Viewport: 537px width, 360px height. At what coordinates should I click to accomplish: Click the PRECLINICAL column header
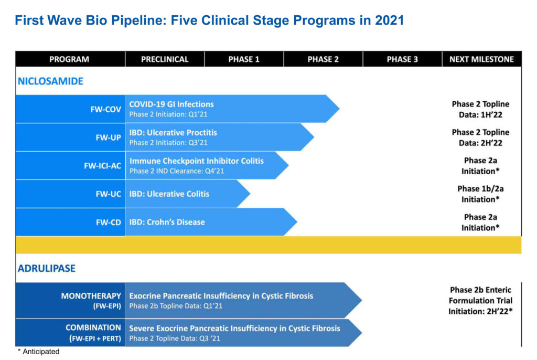click(x=165, y=59)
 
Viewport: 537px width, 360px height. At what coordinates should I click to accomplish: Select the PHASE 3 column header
click(x=402, y=59)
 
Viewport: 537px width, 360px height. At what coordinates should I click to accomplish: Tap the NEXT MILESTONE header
click(x=481, y=59)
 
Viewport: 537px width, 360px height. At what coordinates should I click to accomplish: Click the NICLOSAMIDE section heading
click(x=51, y=81)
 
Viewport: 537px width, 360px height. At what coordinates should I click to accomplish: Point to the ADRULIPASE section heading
click(x=47, y=268)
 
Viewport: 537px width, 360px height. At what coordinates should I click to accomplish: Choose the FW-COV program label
click(x=105, y=109)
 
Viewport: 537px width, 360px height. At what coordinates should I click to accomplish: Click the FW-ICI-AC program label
click(x=102, y=166)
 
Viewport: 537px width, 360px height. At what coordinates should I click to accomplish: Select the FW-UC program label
click(x=108, y=194)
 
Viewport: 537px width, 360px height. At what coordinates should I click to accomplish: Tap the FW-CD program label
click(x=108, y=223)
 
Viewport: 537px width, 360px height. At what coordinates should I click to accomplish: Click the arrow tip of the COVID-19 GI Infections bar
click(x=339, y=109)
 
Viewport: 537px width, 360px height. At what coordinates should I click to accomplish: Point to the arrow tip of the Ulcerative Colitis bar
click(x=250, y=194)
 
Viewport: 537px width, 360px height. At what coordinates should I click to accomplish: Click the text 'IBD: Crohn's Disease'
click(x=167, y=222)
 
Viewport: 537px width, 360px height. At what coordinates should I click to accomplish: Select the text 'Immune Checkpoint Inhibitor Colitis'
click(x=197, y=161)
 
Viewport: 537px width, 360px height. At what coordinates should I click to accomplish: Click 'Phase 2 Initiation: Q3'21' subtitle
click(x=168, y=143)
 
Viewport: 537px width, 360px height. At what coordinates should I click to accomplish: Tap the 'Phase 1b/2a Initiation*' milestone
click(x=480, y=194)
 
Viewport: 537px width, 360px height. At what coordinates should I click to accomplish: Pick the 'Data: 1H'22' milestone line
click(x=480, y=115)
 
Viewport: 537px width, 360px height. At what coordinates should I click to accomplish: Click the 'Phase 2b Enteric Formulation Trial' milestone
click(x=480, y=295)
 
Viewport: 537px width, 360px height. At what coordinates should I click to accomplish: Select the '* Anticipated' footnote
click(x=38, y=352)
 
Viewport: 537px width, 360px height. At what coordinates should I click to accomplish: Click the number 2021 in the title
click(x=390, y=20)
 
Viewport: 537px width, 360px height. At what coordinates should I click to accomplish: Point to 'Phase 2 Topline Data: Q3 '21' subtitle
click(x=175, y=338)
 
